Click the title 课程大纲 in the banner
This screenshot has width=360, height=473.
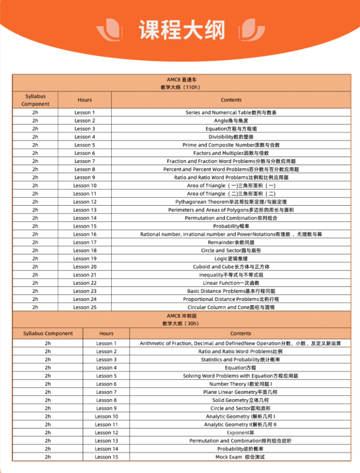(181, 30)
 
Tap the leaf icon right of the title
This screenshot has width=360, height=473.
(253, 29)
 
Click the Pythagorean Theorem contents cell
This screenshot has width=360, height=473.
(231, 202)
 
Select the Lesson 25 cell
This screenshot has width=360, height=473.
(85, 307)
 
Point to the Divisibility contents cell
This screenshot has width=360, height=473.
(231, 137)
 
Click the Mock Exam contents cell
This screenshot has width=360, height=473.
(240, 457)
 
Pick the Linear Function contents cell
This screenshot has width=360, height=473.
(231, 283)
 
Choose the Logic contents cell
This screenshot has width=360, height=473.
(231, 258)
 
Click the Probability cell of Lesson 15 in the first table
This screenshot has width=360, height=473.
(231, 226)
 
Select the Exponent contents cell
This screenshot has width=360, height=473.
(240, 433)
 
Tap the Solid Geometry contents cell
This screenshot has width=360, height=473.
(240, 400)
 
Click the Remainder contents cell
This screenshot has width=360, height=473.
(231, 242)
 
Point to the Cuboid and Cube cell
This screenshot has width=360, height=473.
(231, 267)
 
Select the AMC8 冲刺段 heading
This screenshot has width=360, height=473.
(182, 315)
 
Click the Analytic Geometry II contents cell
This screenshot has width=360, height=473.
(240, 424)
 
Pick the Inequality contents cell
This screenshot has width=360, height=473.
(231, 274)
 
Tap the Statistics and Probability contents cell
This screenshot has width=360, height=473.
(240, 359)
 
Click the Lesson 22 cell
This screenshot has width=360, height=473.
(85, 283)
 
